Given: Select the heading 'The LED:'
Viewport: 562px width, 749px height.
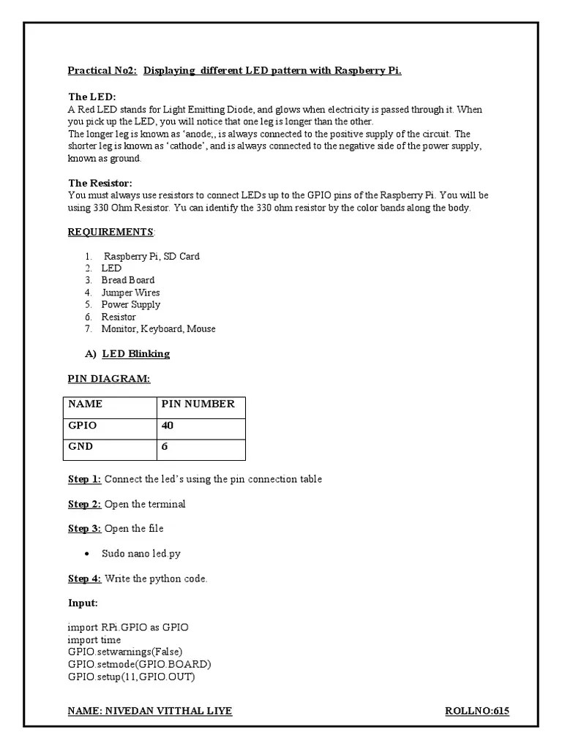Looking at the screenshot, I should pos(91,97).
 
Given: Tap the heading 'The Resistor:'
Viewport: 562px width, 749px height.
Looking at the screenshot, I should pos(100,183).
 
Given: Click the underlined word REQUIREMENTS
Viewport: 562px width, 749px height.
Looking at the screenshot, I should pos(110,232).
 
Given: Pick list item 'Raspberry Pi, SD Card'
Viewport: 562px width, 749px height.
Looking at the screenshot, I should pos(151,257).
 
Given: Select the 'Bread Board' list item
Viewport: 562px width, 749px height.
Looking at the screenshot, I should pos(127,280).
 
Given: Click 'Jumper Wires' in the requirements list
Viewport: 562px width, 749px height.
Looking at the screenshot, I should pos(130,293).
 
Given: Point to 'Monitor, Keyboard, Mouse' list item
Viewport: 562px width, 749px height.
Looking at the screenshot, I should pos(158,329).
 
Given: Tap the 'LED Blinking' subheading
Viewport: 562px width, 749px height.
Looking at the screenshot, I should pos(135,354).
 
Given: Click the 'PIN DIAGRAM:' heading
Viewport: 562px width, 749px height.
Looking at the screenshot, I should pos(109,379).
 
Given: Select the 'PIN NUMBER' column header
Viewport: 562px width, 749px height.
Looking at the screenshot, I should pos(198,404).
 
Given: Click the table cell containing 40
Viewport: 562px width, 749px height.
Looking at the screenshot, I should pos(167,426).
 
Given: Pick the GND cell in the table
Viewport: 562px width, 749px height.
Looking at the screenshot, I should pos(80,447).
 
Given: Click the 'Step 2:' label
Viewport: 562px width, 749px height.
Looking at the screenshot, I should pos(84,505).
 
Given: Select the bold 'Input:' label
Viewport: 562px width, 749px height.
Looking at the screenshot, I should pos(83,603).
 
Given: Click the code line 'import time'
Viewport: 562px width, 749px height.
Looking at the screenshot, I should pos(94,640).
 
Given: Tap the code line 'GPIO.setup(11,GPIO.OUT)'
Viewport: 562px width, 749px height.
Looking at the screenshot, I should pos(131,677).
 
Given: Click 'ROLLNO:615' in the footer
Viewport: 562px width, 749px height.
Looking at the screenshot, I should pos(476,711).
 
